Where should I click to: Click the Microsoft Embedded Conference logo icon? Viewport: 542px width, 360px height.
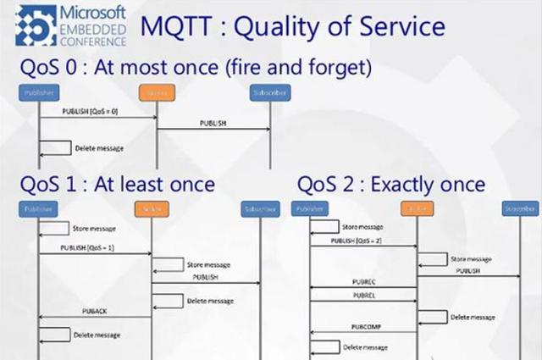click(x=31, y=25)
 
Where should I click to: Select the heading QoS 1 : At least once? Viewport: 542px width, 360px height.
click(x=118, y=184)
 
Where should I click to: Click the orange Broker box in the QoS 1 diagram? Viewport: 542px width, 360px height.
click(x=151, y=208)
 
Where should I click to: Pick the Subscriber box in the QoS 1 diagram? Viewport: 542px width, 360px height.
click(x=259, y=208)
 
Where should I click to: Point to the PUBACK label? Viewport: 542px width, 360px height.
click(x=95, y=311)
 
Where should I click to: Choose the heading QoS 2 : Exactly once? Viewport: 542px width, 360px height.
click(x=391, y=184)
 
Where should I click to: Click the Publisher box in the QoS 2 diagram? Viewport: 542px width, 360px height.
click(x=309, y=208)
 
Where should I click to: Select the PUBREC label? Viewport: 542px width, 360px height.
click(x=363, y=280)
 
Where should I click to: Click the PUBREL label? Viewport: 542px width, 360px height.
click(x=363, y=296)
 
